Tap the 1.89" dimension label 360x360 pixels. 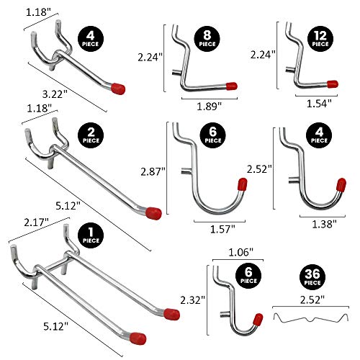pos(208,106)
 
